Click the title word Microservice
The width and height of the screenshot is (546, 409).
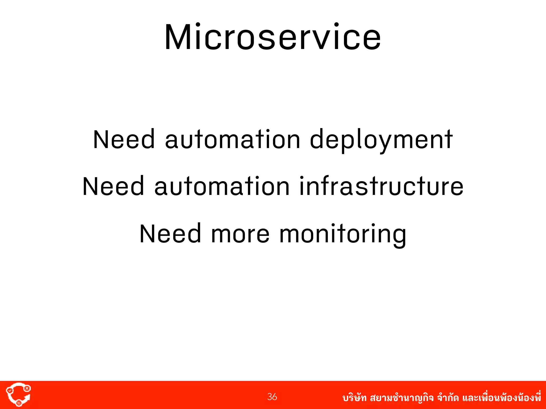pyautogui.click(x=273, y=37)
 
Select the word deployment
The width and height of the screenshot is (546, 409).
pyautogui.click(x=381, y=140)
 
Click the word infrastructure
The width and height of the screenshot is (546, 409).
pyautogui.click(x=381, y=186)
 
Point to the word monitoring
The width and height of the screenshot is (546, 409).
pyautogui.click(x=343, y=234)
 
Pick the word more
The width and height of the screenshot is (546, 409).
pyautogui.click(x=240, y=234)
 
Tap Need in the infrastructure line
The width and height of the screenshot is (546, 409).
pyautogui.click(x=113, y=186)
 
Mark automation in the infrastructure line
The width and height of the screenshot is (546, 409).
pyautogui.click(x=222, y=186)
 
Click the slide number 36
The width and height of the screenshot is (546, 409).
pyautogui.click(x=272, y=397)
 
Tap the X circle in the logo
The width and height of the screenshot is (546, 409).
pyautogui.click(x=27, y=388)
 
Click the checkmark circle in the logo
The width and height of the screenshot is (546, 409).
pyautogui.click(x=10, y=390)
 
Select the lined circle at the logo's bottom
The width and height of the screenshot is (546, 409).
pyautogui.click(x=19, y=403)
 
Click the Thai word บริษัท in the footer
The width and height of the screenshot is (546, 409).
pyautogui.click(x=354, y=398)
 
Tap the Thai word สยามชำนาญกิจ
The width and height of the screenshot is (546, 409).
pyautogui.click(x=402, y=398)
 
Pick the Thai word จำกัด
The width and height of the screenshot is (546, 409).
pyautogui.click(x=448, y=398)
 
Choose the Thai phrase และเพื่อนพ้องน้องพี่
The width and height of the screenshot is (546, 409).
pyautogui.click(x=501, y=398)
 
